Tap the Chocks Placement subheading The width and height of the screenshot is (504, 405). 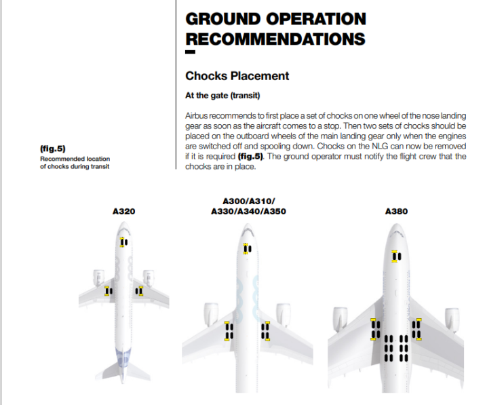pos(237,76)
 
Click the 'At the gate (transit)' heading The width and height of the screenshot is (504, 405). pos(223,96)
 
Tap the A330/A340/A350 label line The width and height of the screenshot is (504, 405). pos(248,211)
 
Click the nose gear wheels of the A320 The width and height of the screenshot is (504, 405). pos(123,242)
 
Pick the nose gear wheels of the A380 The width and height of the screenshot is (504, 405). pos(396,256)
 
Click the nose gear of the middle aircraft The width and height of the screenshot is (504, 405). pos(248,249)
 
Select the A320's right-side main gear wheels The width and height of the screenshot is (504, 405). pos(139,291)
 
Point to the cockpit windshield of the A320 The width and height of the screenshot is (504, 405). pos(123,227)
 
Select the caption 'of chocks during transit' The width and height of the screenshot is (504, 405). pos(74,167)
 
